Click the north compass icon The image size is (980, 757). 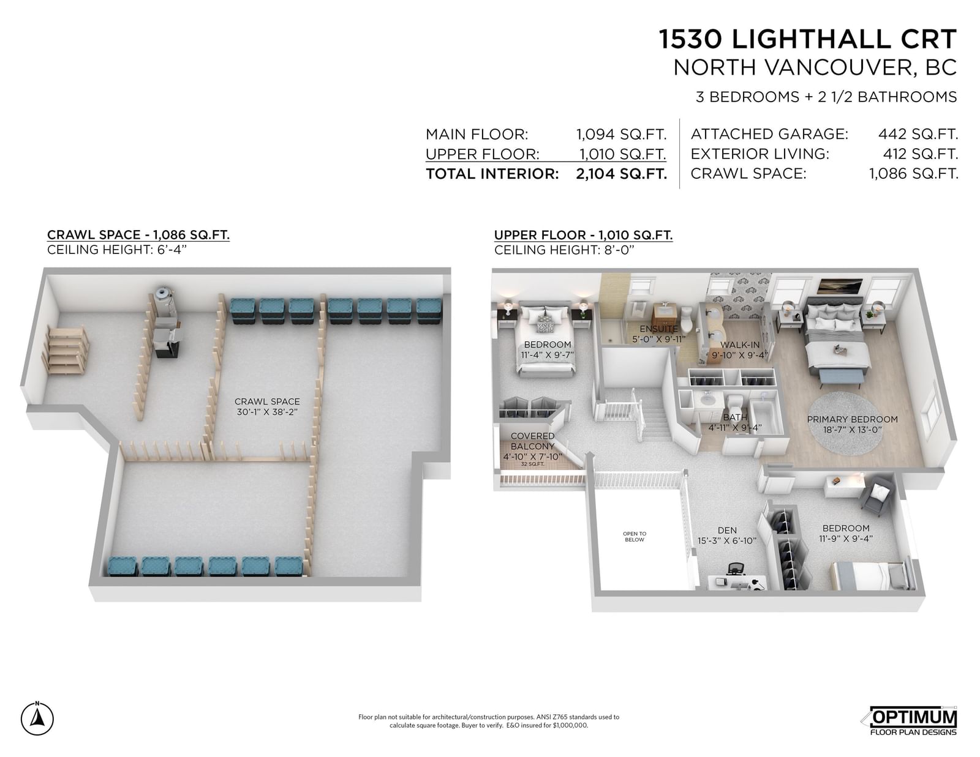pos(37,718)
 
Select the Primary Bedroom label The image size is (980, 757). pos(853,425)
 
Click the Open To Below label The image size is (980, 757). pos(635,537)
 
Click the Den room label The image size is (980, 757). pos(727,535)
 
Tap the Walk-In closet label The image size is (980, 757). pos(739,349)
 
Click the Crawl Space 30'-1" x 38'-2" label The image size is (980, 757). pos(267,406)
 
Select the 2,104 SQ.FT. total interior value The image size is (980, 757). pos(621,174)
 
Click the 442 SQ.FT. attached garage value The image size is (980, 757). pos(918,134)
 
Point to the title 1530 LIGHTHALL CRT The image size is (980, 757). pos(807,39)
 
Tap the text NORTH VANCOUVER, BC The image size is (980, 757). pos(815,67)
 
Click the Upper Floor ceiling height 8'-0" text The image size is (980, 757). pos(563,250)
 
